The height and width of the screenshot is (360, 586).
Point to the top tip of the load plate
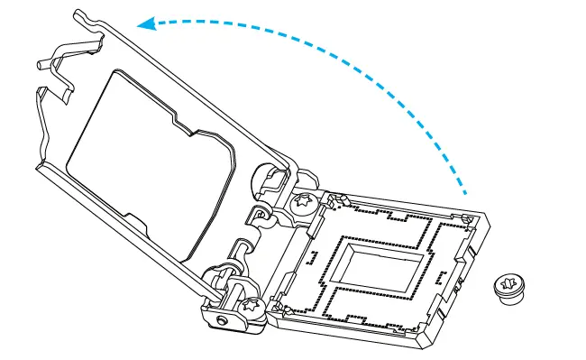[x=81, y=11]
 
